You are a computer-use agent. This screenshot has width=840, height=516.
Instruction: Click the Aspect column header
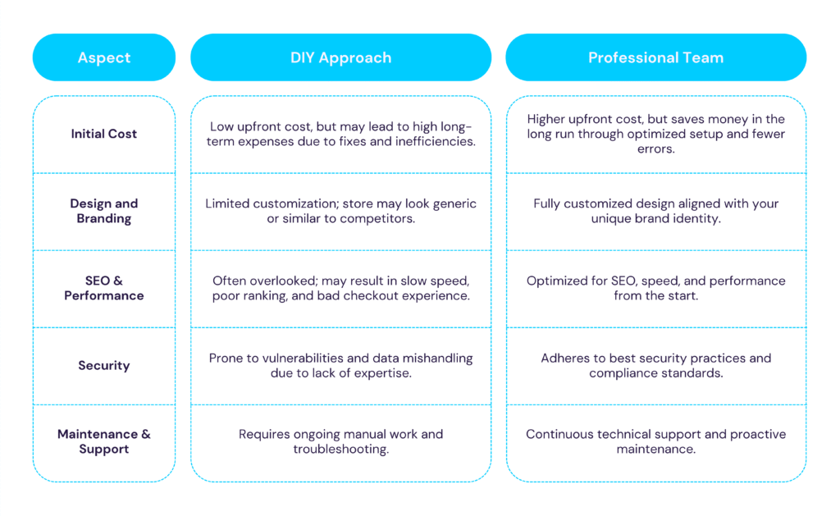104,57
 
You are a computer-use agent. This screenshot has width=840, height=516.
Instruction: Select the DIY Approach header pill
340,57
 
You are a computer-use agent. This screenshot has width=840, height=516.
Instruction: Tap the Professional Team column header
655,57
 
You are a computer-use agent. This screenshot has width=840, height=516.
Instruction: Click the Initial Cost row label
104,134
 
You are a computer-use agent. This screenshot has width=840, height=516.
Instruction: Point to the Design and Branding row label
104,211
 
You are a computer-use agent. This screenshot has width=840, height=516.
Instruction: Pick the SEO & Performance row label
104,288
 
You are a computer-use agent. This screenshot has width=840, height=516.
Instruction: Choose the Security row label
104,365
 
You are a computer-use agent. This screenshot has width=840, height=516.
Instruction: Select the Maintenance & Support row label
104,441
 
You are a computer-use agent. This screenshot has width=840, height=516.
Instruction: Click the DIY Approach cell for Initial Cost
340,134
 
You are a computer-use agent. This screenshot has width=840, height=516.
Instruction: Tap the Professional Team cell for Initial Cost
655,134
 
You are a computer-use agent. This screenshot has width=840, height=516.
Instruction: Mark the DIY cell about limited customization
340,211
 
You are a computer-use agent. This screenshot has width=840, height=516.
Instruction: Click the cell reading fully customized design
655,211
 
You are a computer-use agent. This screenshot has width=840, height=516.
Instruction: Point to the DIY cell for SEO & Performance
340,288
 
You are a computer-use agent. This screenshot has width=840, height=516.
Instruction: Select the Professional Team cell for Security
655,365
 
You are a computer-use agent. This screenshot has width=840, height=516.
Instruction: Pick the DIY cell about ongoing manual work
340,441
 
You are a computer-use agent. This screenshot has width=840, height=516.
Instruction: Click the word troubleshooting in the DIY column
340,450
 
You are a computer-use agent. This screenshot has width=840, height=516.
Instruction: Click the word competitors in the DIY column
377,219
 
